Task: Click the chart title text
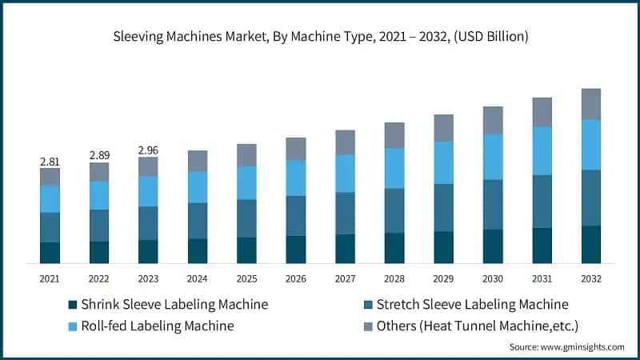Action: pyautogui.click(x=320, y=37)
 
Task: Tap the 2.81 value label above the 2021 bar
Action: pyautogui.click(x=50, y=162)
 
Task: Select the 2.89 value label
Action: pyautogui.click(x=99, y=154)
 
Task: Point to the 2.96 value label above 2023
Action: pyautogui.click(x=148, y=150)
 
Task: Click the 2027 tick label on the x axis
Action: pyautogui.click(x=345, y=278)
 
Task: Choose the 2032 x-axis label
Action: pyautogui.click(x=591, y=278)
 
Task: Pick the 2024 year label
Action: pyautogui.click(x=198, y=278)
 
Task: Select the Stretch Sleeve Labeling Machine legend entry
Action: pyautogui.click(x=472, y=305)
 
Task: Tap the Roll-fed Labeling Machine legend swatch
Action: pyautogui.click(x=74, y=326)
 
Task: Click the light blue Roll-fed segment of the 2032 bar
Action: pyautogui.click(x=591, y=145)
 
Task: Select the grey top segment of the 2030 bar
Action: pyautogui.click(x=493, y=120)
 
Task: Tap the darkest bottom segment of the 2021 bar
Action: pyautogui.click(x=50, y=253)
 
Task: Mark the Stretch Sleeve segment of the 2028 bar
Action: pyautogui.click(x=394, y=210)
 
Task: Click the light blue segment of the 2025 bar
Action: pyautogui.click(x=246, y=182)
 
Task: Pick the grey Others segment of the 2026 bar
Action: pyautogui.click(x=296, y=149)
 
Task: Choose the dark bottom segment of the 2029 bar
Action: pyautogui.click(x=443, y=247)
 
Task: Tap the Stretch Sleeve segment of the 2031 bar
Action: pyautogui.click(x=542, y=202)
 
